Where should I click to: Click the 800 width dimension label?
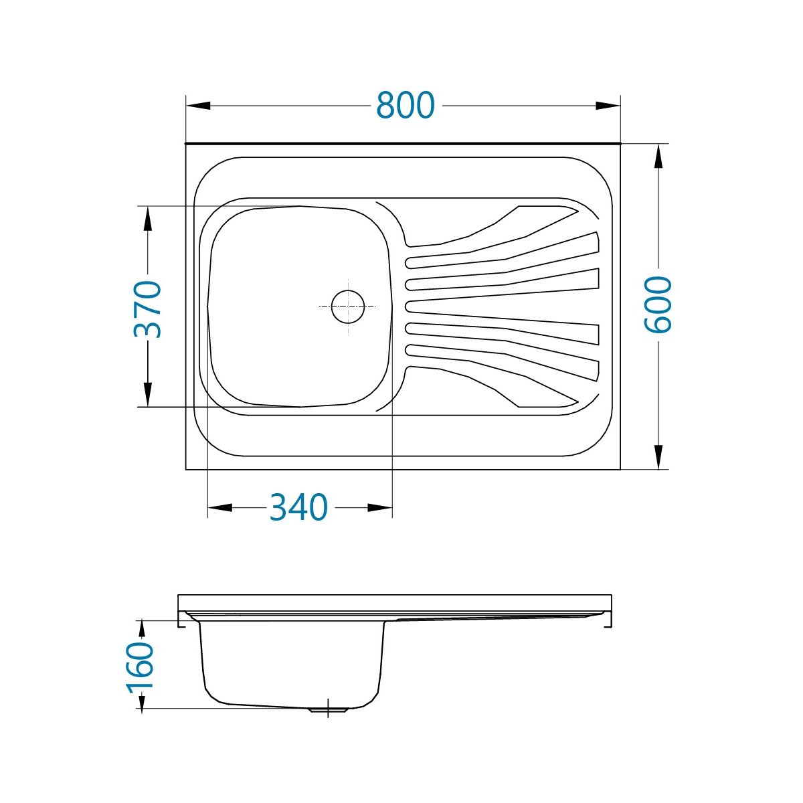pos(405,105)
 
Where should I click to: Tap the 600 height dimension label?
pos(658,305)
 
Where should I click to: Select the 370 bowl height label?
pos(147,309)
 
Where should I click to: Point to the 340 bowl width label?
pos(298,507)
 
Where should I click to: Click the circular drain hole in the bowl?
pos(347,306)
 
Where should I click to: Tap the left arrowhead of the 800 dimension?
pos(198,106)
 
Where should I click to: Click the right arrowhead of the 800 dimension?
pos(608,106)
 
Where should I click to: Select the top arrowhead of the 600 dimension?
pos(658,157)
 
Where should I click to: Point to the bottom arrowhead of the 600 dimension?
pos(658,457)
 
